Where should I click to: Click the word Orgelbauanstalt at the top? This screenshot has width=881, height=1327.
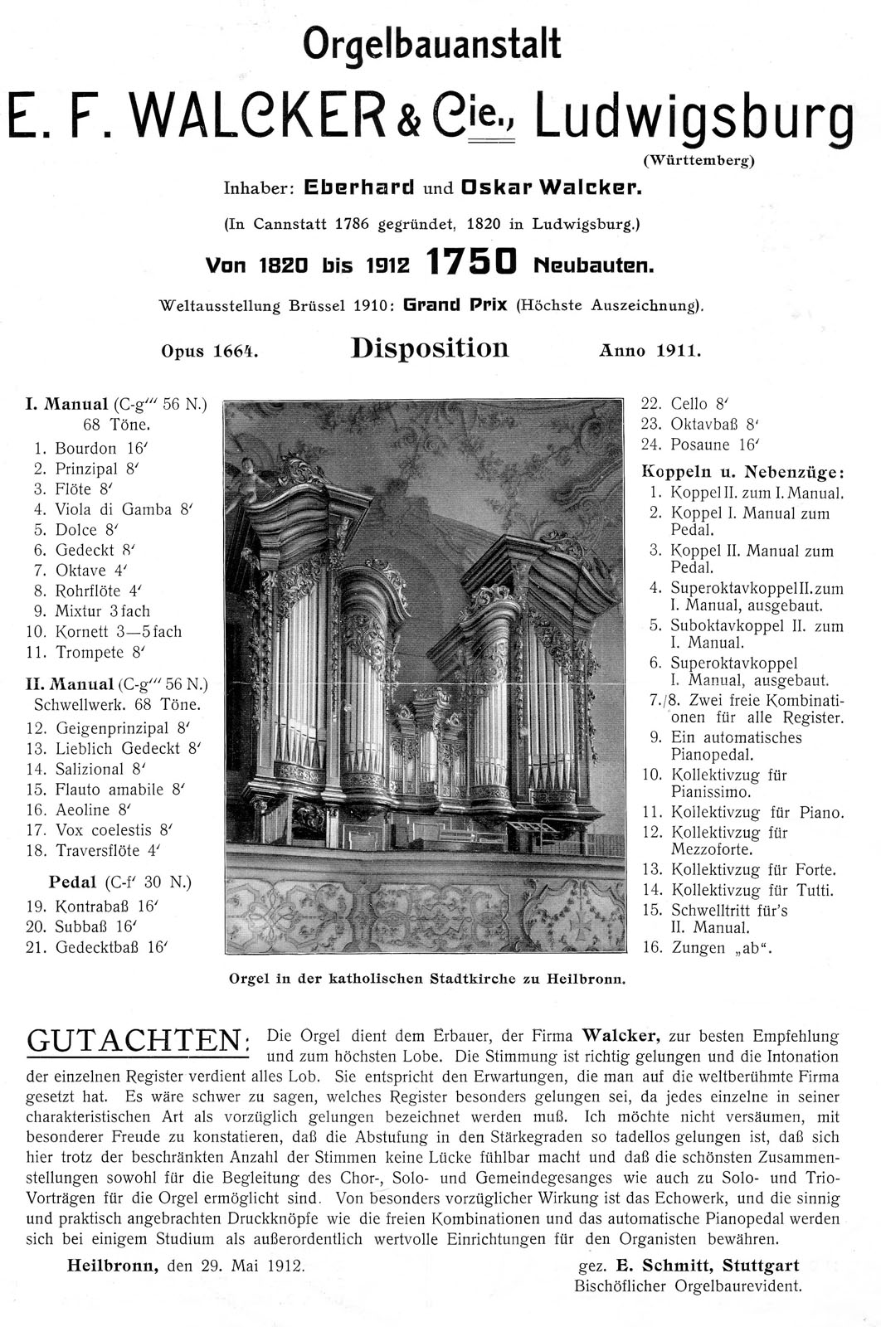(431, 44)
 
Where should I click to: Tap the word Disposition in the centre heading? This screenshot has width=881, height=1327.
(430, 348)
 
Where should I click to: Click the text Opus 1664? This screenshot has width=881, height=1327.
(209, 351)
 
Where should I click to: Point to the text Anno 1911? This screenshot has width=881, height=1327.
(650, 351)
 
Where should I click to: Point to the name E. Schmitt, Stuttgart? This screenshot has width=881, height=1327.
(707, 1266)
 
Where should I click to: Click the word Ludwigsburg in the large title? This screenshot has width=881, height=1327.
(694, 116)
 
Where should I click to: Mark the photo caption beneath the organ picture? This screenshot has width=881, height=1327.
(426, 979)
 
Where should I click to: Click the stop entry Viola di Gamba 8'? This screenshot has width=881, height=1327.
(114, 509)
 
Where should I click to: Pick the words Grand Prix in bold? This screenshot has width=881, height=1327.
(455, 304)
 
